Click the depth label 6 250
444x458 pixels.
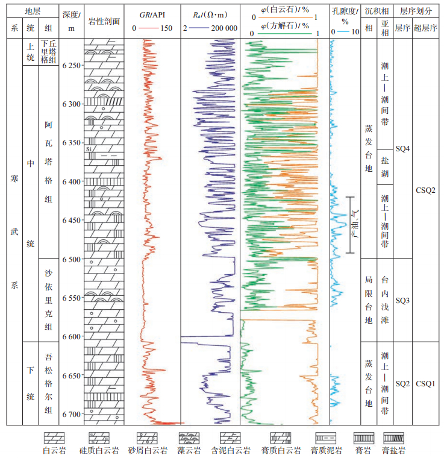point(71,65)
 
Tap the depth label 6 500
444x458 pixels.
point(71,259)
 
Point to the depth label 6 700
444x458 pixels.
point(71,414)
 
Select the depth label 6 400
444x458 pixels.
point(71,181)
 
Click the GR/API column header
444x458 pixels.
point(152,13)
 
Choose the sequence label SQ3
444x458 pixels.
point(402,300)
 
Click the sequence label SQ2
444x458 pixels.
point(402,383)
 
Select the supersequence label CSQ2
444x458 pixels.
point(425,190)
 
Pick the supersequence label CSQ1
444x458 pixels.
point(425,383)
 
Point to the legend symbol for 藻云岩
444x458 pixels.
point(189,438)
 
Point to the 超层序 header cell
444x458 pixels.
point(425,28)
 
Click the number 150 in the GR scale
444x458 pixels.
point(166,28)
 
